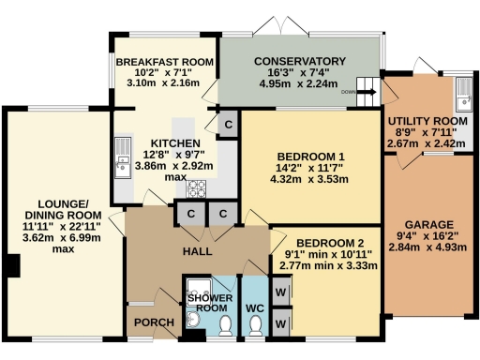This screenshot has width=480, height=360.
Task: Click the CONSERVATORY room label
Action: [300, 61]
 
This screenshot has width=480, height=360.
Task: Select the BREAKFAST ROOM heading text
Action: [165, 62]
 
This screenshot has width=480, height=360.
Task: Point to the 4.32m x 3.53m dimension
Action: [309, 179]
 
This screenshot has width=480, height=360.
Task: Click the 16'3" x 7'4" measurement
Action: [298, 72]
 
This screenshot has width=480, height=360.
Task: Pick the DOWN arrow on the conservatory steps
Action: [367, 92]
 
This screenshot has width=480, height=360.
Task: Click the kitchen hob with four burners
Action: [196, 188]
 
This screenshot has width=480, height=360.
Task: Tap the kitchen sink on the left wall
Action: [123, 157]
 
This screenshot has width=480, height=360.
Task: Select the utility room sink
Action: [463, 95]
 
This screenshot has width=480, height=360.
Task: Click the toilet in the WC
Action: [256, 325]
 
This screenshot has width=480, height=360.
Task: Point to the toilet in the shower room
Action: [225, 325]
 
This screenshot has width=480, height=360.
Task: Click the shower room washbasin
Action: [193, 320]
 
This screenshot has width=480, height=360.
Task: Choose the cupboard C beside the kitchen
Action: [228, 125]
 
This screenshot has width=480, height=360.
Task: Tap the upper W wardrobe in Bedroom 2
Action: [280, 292]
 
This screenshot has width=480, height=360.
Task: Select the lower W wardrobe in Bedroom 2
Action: [280, 323]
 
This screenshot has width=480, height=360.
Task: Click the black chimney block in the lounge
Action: [13, 265]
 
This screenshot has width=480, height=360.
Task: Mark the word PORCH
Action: [154, 322]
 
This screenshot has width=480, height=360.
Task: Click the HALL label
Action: [197, 251]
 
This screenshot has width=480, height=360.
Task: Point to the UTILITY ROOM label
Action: [427, 121]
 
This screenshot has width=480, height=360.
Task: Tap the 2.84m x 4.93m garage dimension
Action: [427, 247]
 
